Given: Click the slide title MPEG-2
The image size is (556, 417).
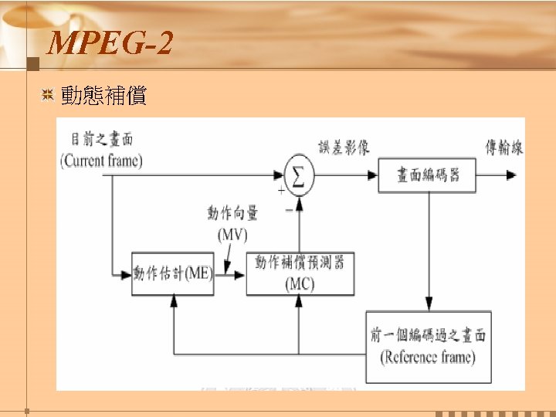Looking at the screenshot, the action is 110,43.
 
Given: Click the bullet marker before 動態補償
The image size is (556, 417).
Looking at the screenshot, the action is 47,95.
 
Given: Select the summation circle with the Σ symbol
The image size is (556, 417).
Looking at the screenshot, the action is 297,175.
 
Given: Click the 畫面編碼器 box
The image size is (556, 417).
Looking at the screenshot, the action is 427,175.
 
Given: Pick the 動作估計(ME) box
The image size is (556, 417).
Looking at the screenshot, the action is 172,273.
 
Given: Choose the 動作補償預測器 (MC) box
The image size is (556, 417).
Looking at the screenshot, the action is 300,273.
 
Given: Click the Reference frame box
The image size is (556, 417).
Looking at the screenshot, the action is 427,347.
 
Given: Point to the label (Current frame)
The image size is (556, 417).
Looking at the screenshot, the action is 101,161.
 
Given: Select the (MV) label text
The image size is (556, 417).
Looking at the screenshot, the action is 232,234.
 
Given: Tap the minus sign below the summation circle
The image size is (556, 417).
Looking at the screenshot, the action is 289,208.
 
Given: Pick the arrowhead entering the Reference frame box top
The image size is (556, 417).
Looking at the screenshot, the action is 427,306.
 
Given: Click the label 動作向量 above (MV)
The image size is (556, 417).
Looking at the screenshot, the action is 232,211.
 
